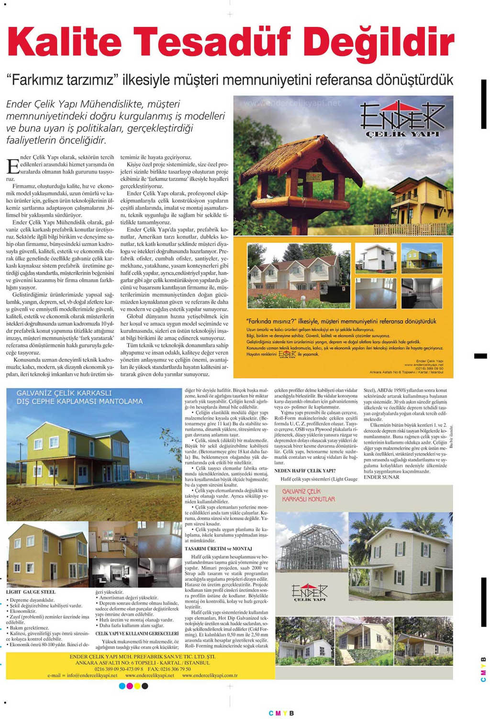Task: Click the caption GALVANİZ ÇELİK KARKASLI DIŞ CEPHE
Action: [x=79, y=397]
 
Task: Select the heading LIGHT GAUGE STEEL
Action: [x=31, y=592]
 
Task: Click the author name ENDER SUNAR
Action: [x=381, y=477]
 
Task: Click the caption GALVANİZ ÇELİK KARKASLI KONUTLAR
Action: [x=308, y=495]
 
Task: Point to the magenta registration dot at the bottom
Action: [x=129, y=686]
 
